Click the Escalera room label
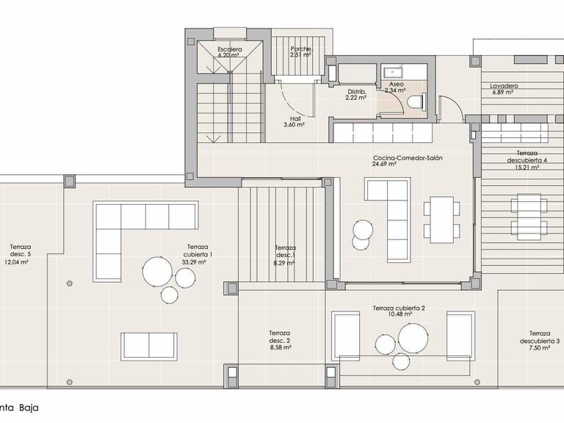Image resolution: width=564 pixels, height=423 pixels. coord(229,51)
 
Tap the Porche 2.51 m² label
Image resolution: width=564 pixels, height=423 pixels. coord(302,51)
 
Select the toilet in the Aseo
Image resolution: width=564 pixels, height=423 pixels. coord(416,102)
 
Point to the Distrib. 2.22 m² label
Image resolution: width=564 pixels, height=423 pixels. coord(357,94)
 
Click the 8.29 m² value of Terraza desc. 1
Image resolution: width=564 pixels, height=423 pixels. coord(284,263)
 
